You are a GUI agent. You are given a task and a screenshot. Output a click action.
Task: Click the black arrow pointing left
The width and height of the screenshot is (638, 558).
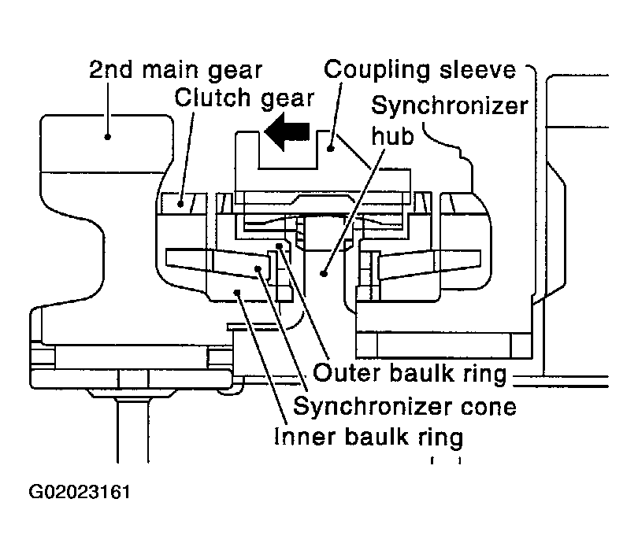point(287,131)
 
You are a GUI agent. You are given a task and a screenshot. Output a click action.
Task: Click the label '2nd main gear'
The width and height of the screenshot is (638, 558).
point(176,70)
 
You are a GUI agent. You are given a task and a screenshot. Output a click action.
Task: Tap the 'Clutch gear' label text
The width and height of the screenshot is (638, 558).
point(244,98)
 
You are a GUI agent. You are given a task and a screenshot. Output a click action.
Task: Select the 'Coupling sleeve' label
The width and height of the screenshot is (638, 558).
point(420,70)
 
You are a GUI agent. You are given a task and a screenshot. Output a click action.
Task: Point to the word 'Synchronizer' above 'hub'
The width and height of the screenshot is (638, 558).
point(450,105)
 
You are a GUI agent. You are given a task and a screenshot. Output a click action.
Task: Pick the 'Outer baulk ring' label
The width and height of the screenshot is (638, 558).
point(410,373)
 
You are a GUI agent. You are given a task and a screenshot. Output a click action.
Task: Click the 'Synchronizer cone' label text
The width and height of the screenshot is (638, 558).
point(405,406)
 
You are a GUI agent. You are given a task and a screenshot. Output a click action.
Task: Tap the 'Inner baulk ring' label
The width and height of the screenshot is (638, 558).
point(369,437)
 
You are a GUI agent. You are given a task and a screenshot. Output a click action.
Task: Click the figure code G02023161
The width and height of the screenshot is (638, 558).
point(80,492)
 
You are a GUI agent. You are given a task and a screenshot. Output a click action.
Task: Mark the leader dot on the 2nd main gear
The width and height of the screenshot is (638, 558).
point(107,137)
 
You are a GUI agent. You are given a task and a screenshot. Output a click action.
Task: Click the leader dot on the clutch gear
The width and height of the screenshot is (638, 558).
point(180,204)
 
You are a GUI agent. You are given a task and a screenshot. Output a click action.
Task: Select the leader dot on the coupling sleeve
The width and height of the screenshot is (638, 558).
point(331,149)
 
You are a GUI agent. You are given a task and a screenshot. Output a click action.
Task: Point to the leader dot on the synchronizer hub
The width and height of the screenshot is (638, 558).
point(324,274)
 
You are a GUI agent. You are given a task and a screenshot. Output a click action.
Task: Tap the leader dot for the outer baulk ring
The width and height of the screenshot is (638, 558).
point(279,246)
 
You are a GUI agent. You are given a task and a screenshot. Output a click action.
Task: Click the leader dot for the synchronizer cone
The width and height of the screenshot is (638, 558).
point(258,268)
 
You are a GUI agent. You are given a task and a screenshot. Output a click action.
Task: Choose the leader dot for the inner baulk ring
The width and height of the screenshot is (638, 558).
point(238,291)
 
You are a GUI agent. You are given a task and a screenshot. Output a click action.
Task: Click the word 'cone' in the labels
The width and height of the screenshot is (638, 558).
point(488,407)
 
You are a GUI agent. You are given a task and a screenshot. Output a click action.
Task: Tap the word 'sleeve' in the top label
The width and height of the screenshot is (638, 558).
point(477,70)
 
